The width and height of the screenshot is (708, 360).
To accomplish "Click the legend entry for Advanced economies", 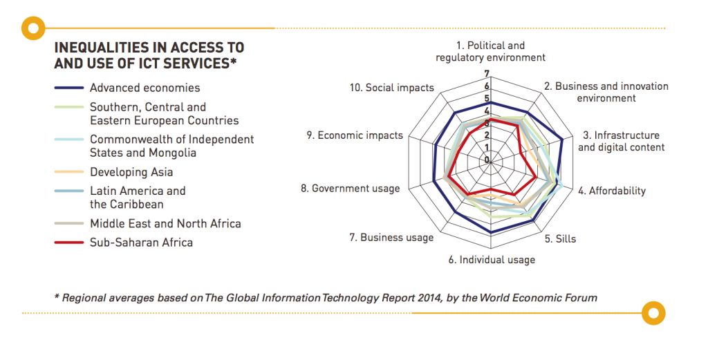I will click(x=145, y=88).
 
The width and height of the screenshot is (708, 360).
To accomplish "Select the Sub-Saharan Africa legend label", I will click(x=141, y=243).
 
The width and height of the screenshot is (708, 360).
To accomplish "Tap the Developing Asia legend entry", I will click(x=131, y=172).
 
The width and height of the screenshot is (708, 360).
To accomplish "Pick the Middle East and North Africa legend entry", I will click(x=165, y=223).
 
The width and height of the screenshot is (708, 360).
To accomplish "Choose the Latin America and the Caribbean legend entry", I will click(x=138, y=198).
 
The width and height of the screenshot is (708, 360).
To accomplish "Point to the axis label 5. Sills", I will click(x=560, y=239).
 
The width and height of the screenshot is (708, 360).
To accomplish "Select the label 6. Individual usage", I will click(x=492, y=260).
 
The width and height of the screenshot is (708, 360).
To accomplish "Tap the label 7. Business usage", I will click(x=391, y=238).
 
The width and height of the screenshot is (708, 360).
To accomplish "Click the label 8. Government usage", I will click(x=355, y=188).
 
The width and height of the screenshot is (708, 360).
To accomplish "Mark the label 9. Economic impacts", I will click(x=355, y=135).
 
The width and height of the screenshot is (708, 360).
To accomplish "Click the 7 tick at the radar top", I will click(x=487, y=74).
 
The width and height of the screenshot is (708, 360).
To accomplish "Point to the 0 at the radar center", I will click(x=486, y=160).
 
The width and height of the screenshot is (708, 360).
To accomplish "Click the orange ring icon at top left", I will click(x=32, y=28).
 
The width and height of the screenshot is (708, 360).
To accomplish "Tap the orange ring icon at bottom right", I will click(x=653, y=313).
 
